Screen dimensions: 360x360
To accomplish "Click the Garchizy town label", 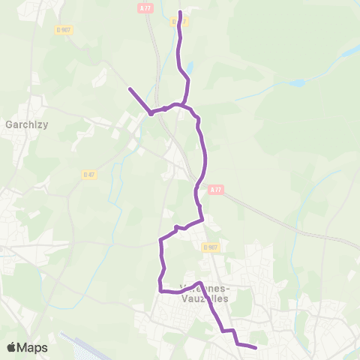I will pyautogui.click(x=26, y=125).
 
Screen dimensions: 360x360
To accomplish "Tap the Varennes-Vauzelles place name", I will pyautogui.click(x=206, y=292).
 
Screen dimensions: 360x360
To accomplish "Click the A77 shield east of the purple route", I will pyautogui.click(x=216, y=190).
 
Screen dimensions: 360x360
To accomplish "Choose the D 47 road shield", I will pyautogui.click(x=88, y=174).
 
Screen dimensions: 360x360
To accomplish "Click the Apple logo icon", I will pyautogui.click(x=12, y=347).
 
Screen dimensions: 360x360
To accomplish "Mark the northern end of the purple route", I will pyautogui.click(x=180, y=12).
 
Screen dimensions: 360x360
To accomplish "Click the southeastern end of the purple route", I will pyautogui.click(x=256, y=347).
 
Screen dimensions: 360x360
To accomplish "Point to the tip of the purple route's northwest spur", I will pyautogui.click(x=130, y=89).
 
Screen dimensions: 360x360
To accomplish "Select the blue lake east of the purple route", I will pyautogui.click(x=298, y=82).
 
